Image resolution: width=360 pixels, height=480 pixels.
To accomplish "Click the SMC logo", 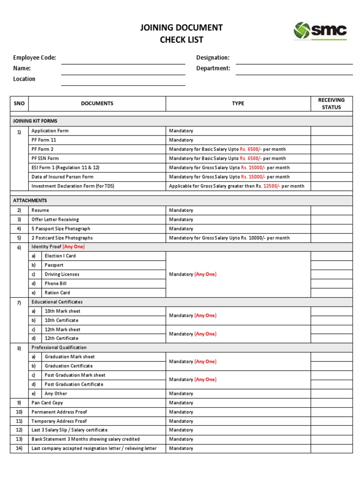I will [320, 31].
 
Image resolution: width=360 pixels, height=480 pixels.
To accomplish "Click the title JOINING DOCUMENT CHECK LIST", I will [181, 34].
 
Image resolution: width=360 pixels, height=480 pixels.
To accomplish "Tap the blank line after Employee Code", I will [123, 60].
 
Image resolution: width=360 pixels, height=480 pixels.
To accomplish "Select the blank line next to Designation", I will [294, 60].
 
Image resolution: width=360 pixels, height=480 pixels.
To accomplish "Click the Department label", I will [213, 68].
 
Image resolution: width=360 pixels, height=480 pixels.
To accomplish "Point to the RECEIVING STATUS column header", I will [331, 104].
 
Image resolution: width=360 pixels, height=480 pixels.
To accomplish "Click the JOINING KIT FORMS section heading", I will [35, 121].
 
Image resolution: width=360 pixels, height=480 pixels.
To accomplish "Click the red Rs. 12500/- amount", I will [271, 186].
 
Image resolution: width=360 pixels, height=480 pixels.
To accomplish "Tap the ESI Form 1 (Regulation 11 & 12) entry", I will [65, 168].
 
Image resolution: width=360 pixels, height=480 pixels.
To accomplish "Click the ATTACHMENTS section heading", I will [30, 201].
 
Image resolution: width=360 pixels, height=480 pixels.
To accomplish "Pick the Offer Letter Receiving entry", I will [55, 219].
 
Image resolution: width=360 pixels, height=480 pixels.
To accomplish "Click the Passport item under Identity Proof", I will [54, 265].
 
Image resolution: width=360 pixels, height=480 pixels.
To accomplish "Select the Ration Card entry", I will [57, 293].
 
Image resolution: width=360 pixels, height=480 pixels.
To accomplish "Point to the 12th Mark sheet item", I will [62, 330].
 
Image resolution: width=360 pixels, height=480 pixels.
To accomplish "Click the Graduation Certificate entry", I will [68, 366].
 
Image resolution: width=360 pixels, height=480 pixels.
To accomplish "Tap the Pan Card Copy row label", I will [47, 403].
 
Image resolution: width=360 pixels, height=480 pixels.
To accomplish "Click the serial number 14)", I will [19, 449].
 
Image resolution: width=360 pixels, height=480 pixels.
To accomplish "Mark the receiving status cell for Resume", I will [331, 210].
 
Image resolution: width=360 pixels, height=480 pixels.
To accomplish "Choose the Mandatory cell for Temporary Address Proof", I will [181, 421].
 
